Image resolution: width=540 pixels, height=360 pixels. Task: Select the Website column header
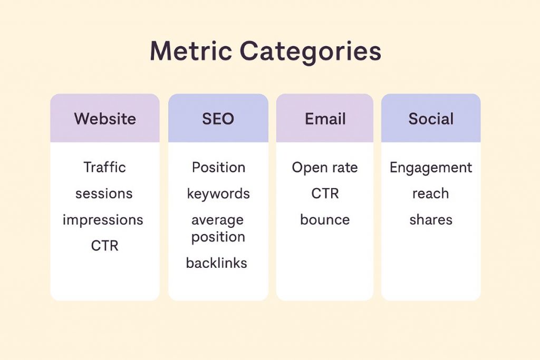(105, 119)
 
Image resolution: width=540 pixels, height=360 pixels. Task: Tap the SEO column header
(218, 119)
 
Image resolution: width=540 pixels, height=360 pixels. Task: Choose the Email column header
(325, 119)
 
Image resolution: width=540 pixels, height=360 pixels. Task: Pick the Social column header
(431, 119)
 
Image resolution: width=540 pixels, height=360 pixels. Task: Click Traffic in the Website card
(104, 168)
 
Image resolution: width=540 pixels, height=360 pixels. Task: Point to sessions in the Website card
(103, 193)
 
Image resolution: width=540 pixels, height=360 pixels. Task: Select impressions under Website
(103, 220)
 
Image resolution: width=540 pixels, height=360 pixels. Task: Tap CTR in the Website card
(104, 246)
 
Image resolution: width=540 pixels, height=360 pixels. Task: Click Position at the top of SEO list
(218, 168)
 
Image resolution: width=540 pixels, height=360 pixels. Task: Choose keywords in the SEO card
(218, 193)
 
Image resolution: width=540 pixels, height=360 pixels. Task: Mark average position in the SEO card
(218, 228)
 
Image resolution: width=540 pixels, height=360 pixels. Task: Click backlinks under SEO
(216, 262)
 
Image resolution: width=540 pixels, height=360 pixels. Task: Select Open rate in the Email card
(325, 168)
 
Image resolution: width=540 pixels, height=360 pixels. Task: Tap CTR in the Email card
(325, 193)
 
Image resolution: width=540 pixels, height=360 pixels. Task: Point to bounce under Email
(325, 220)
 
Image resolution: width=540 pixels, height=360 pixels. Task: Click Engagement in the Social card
(431, 168)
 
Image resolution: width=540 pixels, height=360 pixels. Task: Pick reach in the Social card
(431, 193)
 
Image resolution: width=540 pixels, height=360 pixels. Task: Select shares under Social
(431, 220)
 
